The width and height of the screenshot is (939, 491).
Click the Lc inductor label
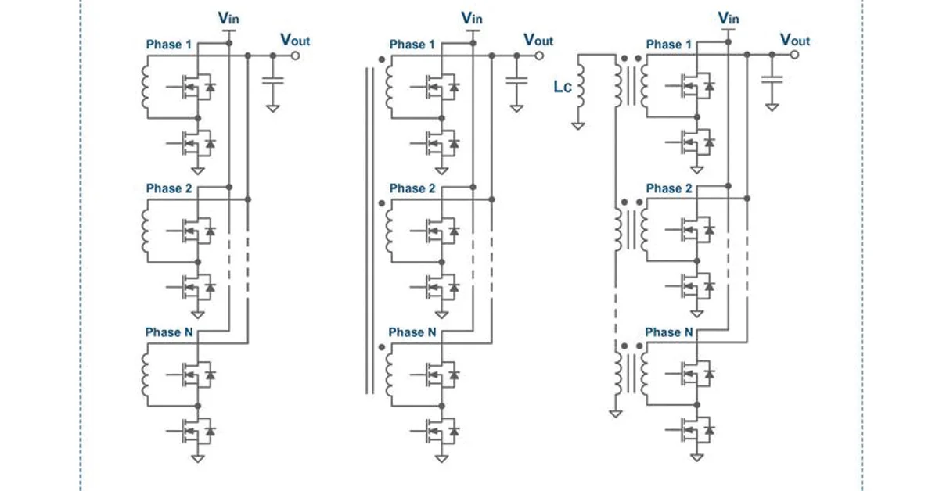coord(563,88)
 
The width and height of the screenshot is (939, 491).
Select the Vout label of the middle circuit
coord(538,41)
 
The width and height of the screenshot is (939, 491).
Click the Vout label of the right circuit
coord(795,41)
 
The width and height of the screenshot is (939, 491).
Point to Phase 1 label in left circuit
coord(168,45)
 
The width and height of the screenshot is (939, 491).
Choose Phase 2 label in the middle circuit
coord(412,188)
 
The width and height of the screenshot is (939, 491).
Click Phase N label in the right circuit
coord(668,332)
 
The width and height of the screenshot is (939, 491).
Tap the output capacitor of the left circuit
coord(272,81)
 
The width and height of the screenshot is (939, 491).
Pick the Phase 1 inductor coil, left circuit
coord(145,88)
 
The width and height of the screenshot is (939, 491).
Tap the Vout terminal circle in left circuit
coord(296,56)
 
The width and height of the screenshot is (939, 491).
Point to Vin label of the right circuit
coord(729,17)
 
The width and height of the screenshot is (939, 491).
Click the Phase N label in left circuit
coord(168,332)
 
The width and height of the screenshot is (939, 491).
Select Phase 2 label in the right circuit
coord(668,188)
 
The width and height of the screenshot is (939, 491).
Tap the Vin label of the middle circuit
coord(472,17)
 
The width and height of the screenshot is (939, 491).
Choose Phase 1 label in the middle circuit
coord(412,45)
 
